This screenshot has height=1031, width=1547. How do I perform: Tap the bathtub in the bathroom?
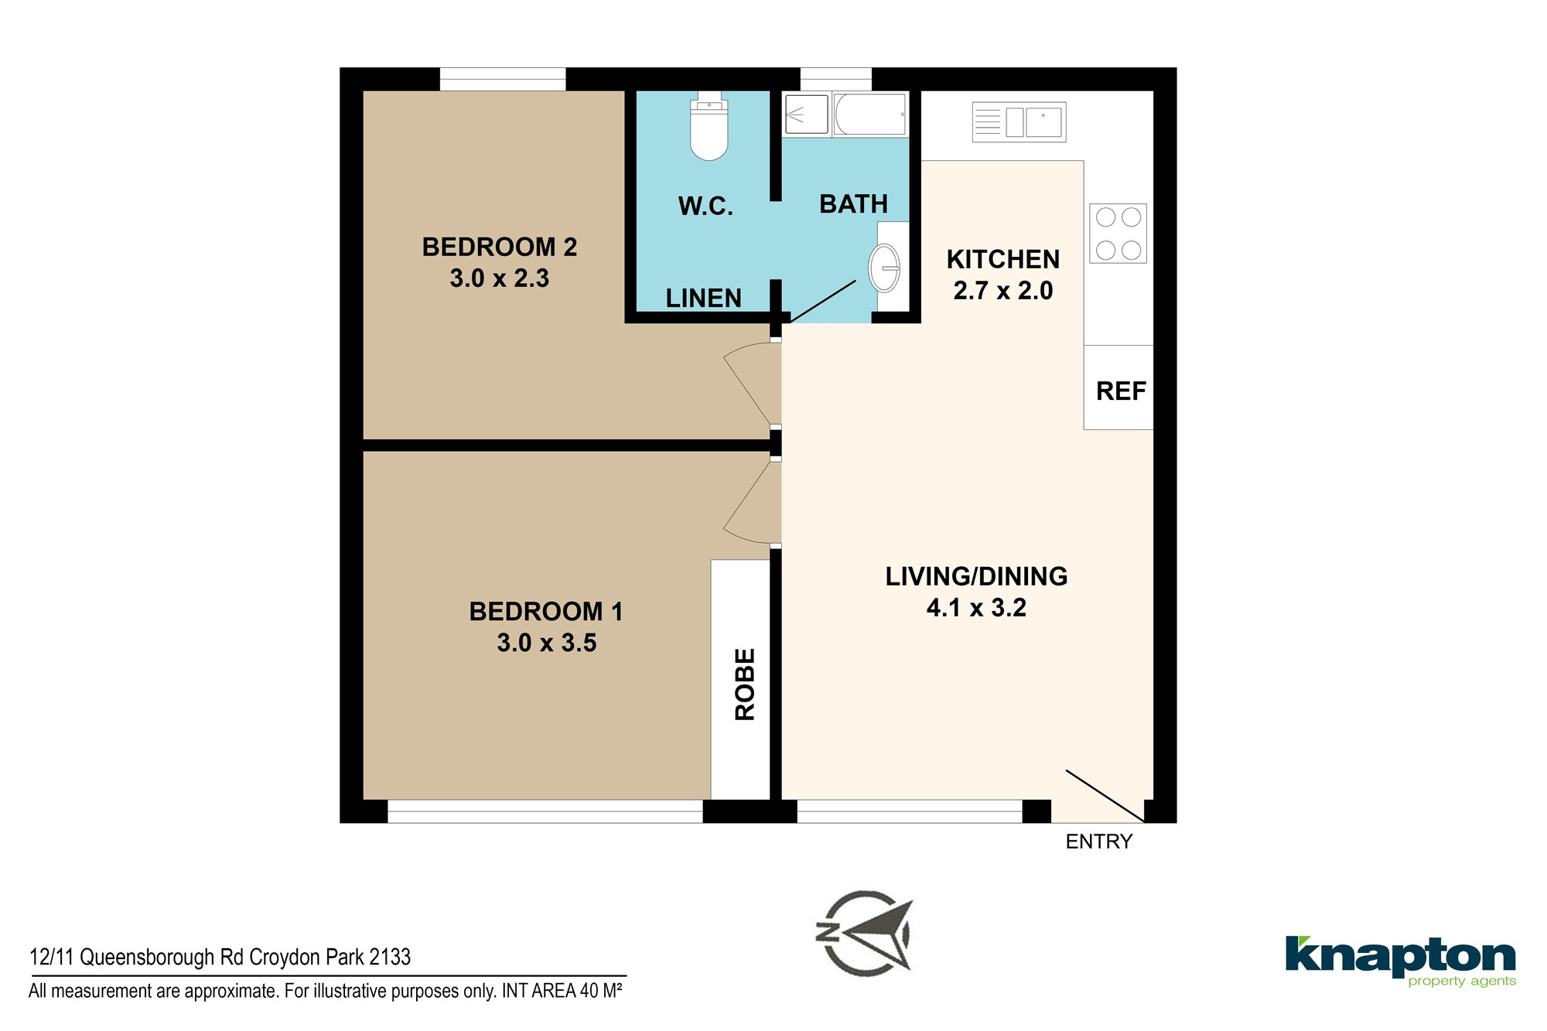click(870, 114)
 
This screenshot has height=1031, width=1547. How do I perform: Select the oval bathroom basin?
click(884, 268)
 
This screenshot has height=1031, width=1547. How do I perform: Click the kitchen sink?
click(1019, 122)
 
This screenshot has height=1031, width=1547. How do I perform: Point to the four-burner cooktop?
click(1118, 233)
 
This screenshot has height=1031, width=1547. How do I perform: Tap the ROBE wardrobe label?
click(744, 684)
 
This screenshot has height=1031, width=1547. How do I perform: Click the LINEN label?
click(703, 298)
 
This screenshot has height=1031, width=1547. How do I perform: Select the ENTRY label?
click(1098, 842)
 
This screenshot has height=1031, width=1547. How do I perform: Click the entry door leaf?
click(1105, 795)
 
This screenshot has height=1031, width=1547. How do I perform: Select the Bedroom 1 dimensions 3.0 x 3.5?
click(547, 643)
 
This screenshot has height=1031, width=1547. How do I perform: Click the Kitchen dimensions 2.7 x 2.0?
click(1003, 291)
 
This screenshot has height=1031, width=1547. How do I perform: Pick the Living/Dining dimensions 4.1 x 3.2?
click(976, 608)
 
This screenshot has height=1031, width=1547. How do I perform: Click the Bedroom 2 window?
click(503, 79)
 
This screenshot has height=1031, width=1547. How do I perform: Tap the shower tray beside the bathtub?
click(807, 114)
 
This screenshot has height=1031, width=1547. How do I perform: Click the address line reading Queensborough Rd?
click(220, 958)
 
